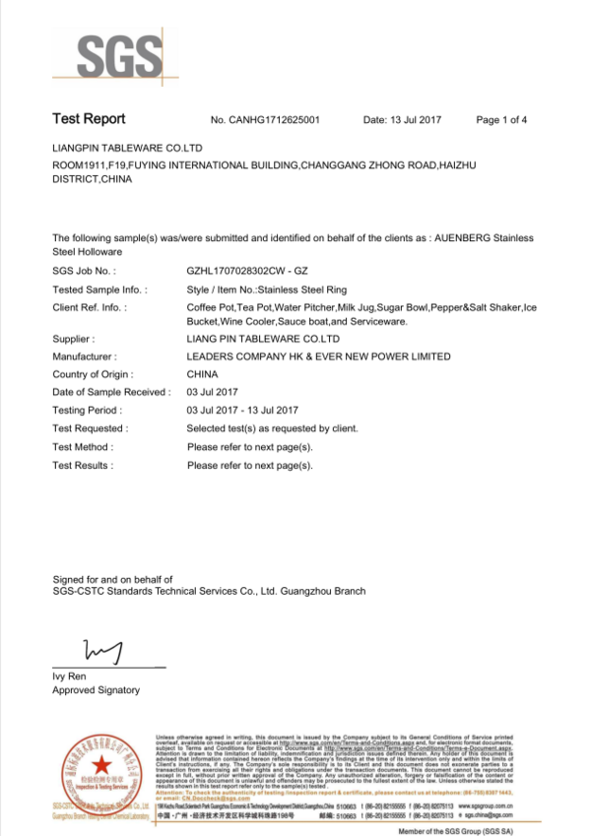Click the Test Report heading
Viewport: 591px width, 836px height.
(89, 119)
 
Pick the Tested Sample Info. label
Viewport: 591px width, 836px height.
(99, 289)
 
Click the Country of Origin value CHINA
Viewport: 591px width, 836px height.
(202, 374)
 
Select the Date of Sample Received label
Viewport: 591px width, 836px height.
(110, 392)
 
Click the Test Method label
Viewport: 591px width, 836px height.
(83, 446)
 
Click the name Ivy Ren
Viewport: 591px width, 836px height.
(69, 675)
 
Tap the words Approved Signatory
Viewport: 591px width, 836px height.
(96, 690)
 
